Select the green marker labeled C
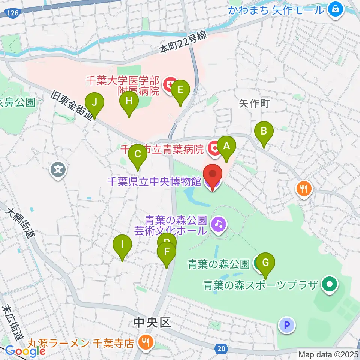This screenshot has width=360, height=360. (138, 154)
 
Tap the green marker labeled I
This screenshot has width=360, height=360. (122, 246)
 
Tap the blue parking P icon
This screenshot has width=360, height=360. (287, 325)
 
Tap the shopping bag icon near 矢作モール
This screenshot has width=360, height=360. (335, 9)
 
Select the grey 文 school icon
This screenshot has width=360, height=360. (58, 170)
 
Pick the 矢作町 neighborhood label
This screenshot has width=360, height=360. (255, 103)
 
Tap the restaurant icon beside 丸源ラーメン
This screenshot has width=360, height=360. (144, 342)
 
